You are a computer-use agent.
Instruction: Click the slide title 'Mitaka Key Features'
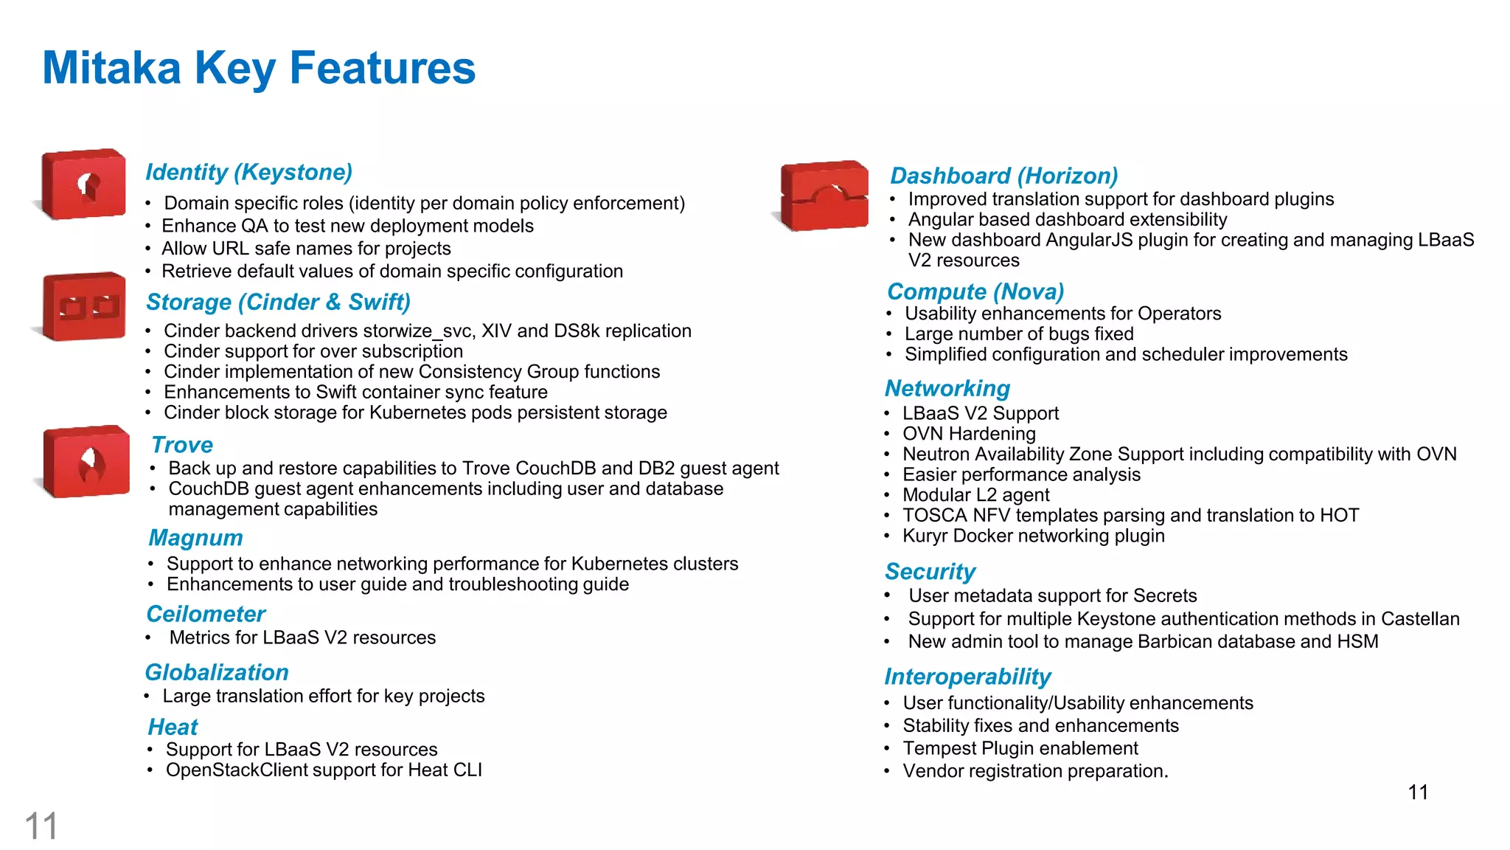pos(259,68)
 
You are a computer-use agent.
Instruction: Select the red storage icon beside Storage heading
pos(84,306)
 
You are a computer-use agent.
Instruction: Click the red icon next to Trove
pos(86,461)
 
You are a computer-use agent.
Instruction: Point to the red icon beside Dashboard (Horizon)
pos(824,196)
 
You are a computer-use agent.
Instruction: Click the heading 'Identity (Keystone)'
pos(248,172)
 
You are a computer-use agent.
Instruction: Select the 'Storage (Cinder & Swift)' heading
pos(278,302)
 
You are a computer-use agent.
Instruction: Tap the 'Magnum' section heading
pos(195,538)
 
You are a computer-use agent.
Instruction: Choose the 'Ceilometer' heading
pos(206,614)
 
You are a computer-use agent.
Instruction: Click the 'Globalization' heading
pos(217,672)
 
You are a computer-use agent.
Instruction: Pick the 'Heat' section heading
pos(173,727)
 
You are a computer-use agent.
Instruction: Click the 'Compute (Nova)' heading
pos(975,291)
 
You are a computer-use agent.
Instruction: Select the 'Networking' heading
pos(947,388)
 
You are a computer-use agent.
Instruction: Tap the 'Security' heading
pos(930,571)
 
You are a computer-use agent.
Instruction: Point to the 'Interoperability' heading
pos(967,677)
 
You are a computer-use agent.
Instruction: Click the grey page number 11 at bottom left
pos(41,826)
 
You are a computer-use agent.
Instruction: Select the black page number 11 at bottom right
pos(1418,792)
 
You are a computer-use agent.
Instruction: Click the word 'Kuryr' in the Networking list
pos(925,536)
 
